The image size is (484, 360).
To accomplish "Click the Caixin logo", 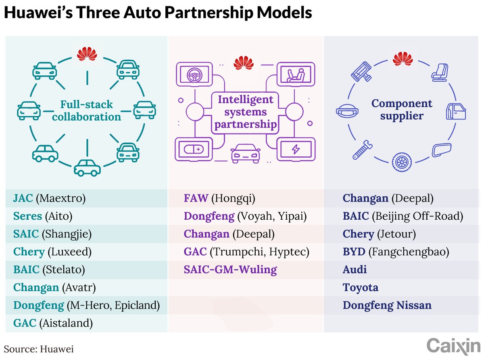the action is coord(453,347).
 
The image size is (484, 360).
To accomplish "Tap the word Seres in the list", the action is coord(27,216).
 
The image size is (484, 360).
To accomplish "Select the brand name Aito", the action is coord(59,216).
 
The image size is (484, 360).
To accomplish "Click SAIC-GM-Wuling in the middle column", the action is coord(230,269).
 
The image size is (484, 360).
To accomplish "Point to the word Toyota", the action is coord(361,287).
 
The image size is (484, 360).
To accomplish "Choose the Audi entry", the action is coord(355,269).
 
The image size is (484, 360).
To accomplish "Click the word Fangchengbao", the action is coord(409,252).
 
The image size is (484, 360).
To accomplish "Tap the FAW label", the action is coord(196,198).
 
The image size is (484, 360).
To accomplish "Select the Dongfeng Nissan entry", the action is coord(387,305).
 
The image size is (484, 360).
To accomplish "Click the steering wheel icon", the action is coord(194,75).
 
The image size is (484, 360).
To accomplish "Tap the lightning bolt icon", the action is coord(296,149).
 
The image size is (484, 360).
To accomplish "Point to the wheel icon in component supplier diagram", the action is coord(402,162).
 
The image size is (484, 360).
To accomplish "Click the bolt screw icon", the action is coord(362,150).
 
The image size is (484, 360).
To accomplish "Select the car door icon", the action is coord(456,112).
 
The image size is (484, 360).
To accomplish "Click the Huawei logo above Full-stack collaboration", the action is coord(87,54).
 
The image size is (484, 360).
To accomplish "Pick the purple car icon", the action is coord(245,154).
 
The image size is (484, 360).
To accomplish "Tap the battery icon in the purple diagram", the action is coord(194,150).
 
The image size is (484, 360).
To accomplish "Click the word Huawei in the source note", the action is coord(57,349).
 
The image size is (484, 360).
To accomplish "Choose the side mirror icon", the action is coord(441,150).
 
